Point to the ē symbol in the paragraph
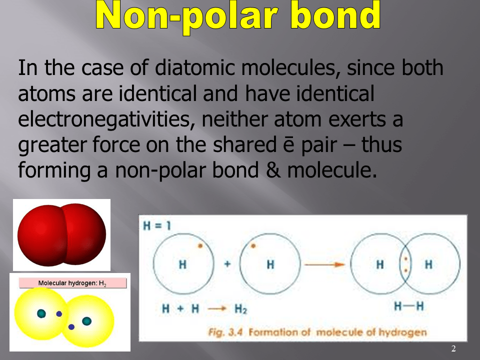pyautogui.click(x=288, y=144)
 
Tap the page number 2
pyautogui.click(x=453, y=348)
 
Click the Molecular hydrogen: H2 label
pyautogui.click(x=72, y=283)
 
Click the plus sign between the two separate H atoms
pyautogui.click(x=227, y=264)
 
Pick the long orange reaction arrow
pyautogui.click(x=325, y=264)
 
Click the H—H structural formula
pyautogui.click(x=409, y=306)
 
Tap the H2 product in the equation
pyautogui.click(x=240, y=309)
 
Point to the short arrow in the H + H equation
pyautogui.click(x=216, y=308)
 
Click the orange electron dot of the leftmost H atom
pyautogui.click(x=200, y=245)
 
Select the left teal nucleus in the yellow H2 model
pyautogui.click(x=41, y=313)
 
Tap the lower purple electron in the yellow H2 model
pyautogui.click(x=71, y=327)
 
